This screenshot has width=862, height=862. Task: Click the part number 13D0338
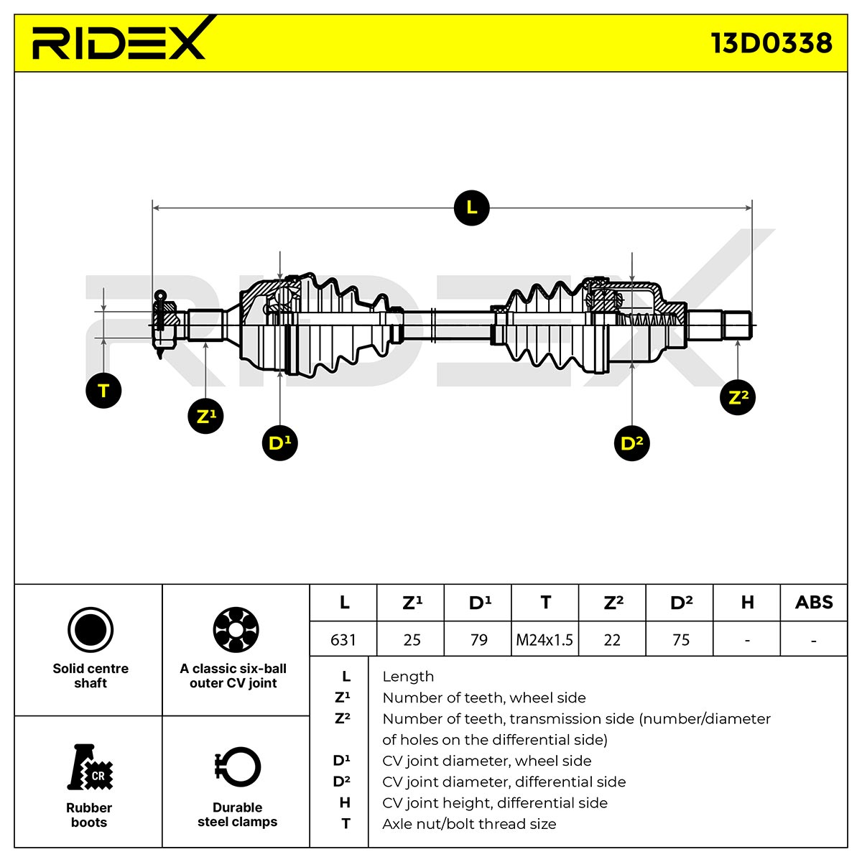(771, 43)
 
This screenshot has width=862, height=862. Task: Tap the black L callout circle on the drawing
(471, 208)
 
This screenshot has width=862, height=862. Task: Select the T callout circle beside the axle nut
(103, 391)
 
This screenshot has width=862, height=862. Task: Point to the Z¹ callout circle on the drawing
(205, 416)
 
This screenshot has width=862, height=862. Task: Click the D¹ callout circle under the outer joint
(279, 443)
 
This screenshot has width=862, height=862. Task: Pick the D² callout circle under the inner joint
(631, 443)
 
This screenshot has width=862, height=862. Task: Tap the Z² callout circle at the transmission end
(737, 397)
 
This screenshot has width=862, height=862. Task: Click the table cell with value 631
(343, 640)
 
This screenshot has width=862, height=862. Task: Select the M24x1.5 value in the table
(544, 640)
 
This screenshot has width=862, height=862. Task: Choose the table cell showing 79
(478, 640)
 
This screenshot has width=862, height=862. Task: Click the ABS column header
(814, 603)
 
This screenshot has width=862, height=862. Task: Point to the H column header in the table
(746, 603)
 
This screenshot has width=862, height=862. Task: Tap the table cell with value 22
(612, 640)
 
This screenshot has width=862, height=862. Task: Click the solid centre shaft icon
(91, 630)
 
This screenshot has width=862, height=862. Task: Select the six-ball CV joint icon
(236, 629)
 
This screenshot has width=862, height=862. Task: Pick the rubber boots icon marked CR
(90, 767)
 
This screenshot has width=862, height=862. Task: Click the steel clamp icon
(238, 767)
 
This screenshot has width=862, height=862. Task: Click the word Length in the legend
(408, 677)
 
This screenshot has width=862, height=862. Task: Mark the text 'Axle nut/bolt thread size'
(469, 823)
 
